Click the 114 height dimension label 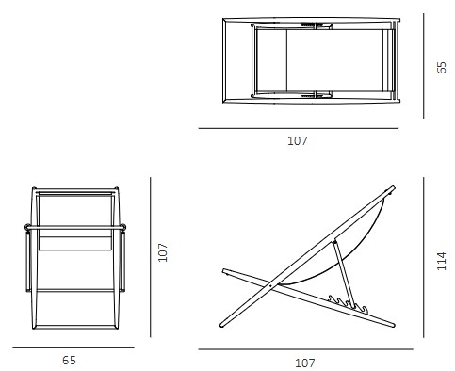click(442, 260)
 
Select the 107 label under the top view click(297, 141)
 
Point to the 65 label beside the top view click(442, 68)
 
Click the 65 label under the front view click(69, 360)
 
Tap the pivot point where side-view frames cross click(271, 283)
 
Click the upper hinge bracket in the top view click(313, 25)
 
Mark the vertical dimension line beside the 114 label click(424, 259)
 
